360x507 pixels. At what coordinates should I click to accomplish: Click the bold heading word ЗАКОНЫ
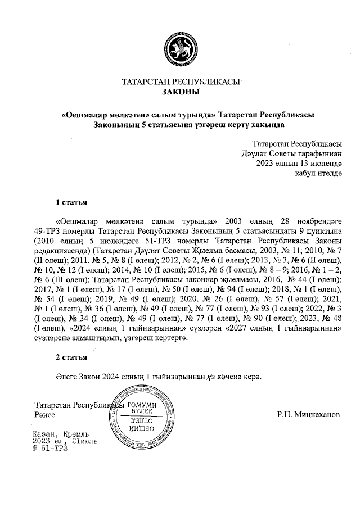pyautogui.click(x=181, y=92)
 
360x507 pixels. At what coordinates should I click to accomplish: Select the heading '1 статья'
pyautogui.click(x=70, y=201)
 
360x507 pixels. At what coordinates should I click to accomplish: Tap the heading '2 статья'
pyautogui.click(x=70, y=357)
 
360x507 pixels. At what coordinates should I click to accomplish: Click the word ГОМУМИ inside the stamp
pyautogui.click(x=144, y=405)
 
